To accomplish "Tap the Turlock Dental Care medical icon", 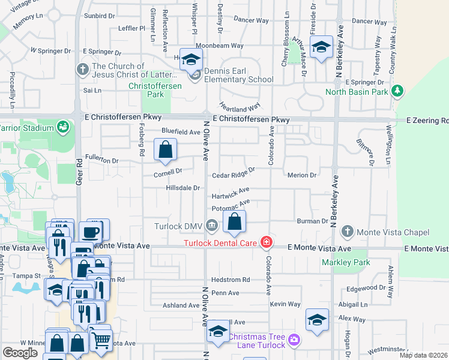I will [x=265, y=243].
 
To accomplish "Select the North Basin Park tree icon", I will [x=396, y=91].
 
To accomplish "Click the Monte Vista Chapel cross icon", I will [x=346, y=232].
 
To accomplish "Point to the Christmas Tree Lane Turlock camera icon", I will [x=294, y=340].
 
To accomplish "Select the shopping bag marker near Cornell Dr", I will [x=165, y=149].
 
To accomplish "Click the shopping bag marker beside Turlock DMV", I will [x=234, y=222].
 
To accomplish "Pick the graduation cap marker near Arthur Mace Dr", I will [x=321, y=47].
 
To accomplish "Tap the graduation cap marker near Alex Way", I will [x=317, y=320].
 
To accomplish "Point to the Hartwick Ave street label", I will [x=231, y=194].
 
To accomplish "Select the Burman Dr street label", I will [x=312, y=221].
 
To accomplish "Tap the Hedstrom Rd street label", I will [x=230, y=280].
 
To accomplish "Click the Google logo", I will [x=20, y=353].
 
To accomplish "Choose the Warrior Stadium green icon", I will [x=62, y=127].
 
